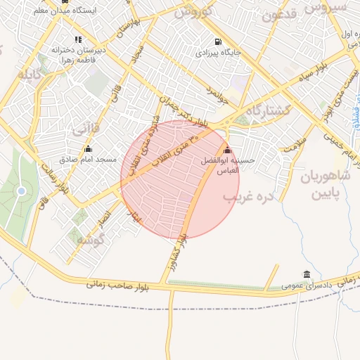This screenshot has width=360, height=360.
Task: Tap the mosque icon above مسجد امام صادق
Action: tap(88, 148)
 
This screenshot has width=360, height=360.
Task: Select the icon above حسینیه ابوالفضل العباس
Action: tap(226, 150)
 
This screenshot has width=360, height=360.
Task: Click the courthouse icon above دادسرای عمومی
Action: tap(307, 274)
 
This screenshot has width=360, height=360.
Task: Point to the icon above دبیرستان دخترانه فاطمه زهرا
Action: tap(77, 39)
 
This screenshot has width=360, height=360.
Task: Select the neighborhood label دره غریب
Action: tap(247, 197)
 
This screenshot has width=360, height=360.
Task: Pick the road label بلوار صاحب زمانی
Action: tap(120, 283)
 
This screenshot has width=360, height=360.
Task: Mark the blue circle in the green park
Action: tap(21, 191)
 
